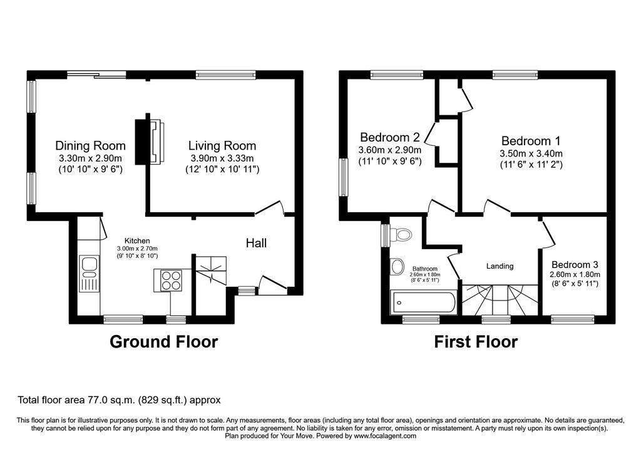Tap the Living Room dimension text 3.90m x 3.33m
222,158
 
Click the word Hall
256,242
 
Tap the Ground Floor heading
164,342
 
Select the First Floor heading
476,342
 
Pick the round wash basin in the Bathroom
397,267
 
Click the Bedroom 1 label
530,141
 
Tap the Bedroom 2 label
389,137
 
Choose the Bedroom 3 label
575,264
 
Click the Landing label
500,266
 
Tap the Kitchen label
136,240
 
